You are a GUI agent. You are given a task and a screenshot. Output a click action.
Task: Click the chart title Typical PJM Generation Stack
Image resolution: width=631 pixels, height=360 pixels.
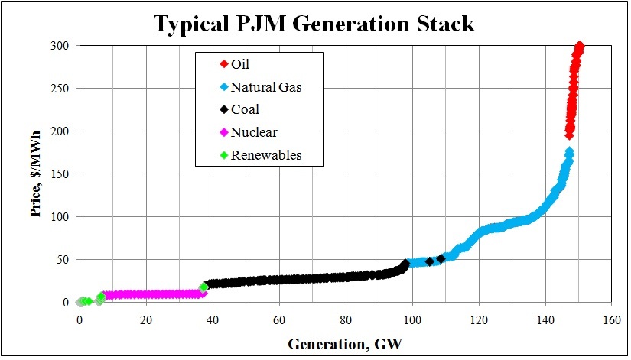314,24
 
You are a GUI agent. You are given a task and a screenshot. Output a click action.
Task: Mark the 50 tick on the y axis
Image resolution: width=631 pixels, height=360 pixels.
63,260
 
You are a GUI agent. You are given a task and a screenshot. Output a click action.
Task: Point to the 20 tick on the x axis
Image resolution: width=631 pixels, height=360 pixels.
146,319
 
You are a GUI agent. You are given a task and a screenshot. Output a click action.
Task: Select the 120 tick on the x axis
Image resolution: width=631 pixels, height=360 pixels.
479,319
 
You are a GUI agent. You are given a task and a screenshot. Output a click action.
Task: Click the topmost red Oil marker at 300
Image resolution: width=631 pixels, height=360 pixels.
579,47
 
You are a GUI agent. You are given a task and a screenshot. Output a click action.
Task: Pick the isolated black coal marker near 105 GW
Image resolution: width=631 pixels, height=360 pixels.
429,261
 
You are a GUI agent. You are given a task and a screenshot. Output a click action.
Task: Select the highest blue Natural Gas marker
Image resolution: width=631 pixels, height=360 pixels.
569,152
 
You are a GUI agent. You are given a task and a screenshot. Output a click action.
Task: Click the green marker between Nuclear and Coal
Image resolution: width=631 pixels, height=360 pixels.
203,287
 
